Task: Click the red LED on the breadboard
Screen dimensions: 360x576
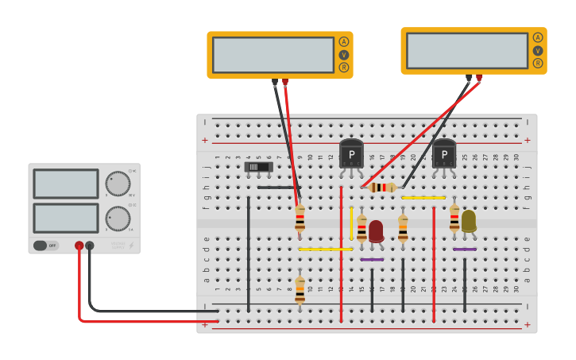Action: tap(376, 230)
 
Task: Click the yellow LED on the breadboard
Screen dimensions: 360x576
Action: tap(469, 220)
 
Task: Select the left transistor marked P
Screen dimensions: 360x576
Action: tap(351, 153)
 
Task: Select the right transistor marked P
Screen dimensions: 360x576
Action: tap(444, 153)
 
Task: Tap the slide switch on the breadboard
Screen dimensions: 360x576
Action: tap(258, 167)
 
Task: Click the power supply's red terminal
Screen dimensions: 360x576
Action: tap(79, 246)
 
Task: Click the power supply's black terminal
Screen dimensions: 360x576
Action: tap(90, 246)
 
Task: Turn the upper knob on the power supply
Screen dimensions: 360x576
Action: tap(118, 184)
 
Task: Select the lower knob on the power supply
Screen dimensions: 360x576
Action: tap(118, 218)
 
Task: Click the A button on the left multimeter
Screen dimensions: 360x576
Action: tap(344, 41)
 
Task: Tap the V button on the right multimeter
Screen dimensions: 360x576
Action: tap(538, 50)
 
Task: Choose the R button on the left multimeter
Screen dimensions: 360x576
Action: tap(344, 68)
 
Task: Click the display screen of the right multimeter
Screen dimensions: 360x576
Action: tap(466, 50)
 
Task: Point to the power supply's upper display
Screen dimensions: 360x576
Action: tap(66, 184)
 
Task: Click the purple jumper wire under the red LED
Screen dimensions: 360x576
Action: tap(372, 259)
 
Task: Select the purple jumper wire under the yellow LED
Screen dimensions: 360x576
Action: tap(465, 249)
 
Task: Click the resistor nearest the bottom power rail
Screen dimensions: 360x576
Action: tap(300, 290)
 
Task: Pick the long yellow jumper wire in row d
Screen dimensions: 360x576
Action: tap(325, 249)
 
